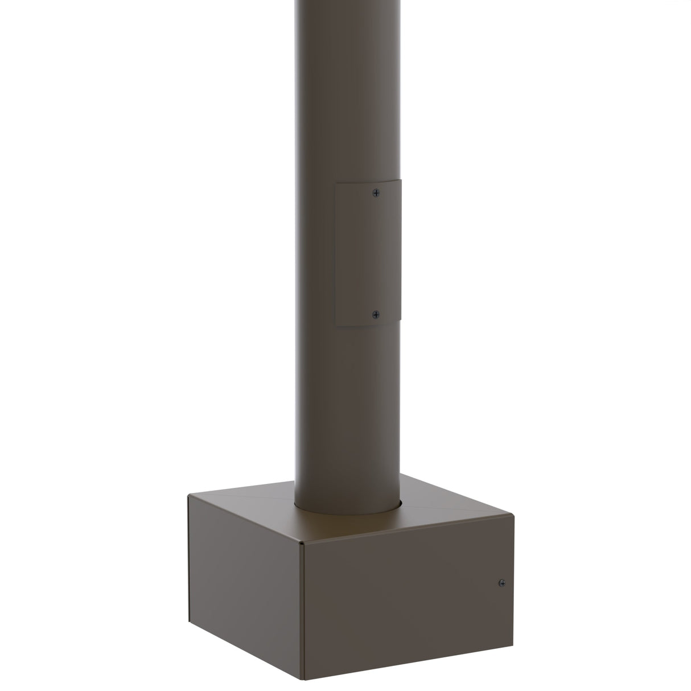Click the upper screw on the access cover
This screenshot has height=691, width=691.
(375, 193)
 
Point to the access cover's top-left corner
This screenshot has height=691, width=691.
(336, 183)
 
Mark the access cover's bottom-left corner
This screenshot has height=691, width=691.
(336, 326)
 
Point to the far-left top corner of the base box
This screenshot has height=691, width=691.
(189, 496)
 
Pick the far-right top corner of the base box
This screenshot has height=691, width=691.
(513, 516)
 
